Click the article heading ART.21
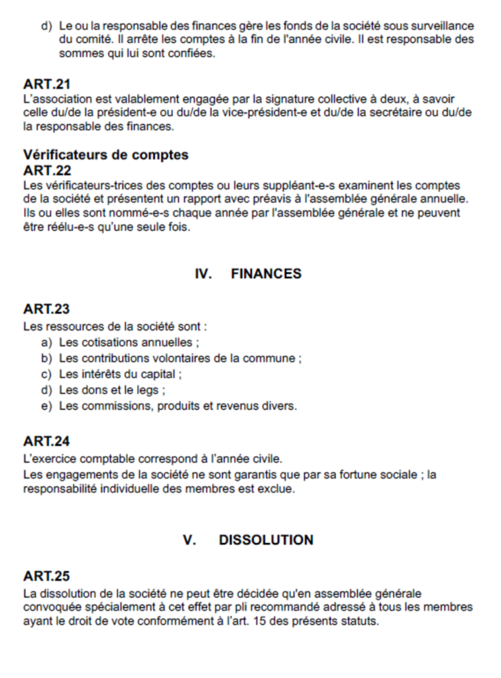46,85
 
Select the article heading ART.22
47,170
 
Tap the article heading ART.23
46,309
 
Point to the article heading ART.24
46,441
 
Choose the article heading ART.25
46,576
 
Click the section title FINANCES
266,273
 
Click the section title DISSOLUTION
266,540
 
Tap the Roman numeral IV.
203,273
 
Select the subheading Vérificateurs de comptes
106,155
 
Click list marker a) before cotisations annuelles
46,342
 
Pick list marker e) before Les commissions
46,406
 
